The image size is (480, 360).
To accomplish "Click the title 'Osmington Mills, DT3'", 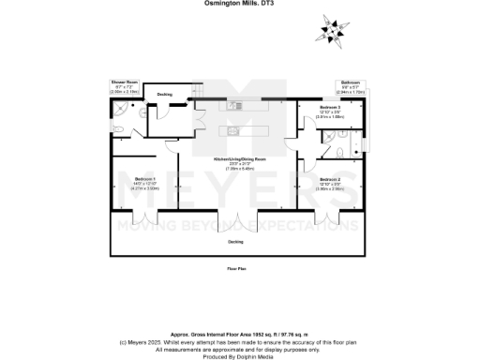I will (239, 4).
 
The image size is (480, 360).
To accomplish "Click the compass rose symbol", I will (332, 30).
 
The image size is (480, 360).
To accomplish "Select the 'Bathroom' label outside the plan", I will (350, 82).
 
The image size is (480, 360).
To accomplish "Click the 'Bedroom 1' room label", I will (144, 178).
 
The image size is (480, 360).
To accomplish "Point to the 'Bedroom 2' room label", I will (330, 179).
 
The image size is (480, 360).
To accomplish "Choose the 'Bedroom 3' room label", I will (330, 108).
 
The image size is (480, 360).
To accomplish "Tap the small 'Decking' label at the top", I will (164, 95).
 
